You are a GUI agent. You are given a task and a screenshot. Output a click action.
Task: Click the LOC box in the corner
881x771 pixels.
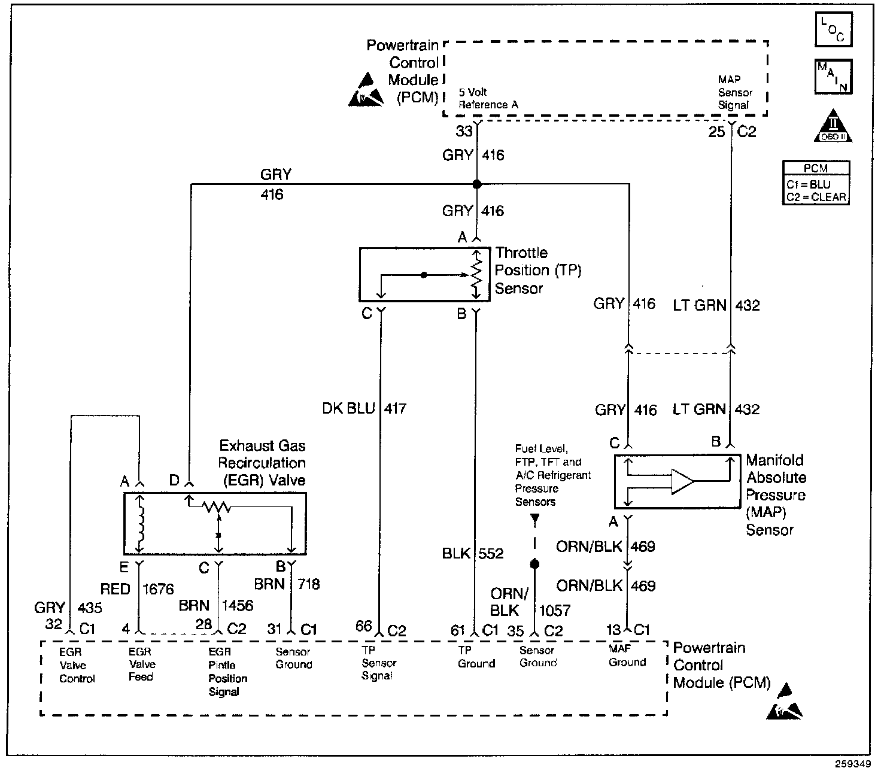(x=834, y=29)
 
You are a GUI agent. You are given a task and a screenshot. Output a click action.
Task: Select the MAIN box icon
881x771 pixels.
(x=834, y=77)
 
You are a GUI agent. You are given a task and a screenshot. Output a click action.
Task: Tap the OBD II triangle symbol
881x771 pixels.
(x=833, y=126)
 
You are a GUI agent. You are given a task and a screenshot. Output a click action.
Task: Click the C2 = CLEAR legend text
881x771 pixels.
(x=816, y=198)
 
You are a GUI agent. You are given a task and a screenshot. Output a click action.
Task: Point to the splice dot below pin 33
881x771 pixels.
(x=476, y=184)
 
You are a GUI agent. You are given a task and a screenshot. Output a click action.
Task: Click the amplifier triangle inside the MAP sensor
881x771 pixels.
(x=682, y=481)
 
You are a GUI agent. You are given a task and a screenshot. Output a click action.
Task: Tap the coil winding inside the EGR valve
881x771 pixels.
(x=141, y=523)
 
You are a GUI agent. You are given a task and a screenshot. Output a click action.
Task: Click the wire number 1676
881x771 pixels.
(x=158, y=589)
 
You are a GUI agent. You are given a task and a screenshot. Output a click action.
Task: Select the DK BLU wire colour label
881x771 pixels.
(x=348, y=408)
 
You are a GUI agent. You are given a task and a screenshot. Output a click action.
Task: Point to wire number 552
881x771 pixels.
(x=491, y=554)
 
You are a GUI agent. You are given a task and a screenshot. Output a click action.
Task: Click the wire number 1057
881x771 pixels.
(x=555, y=611)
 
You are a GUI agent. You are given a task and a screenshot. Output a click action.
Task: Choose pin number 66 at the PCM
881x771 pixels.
(x=363, y=626)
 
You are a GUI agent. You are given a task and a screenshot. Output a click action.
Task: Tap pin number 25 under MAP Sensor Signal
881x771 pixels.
(x=716, y=132)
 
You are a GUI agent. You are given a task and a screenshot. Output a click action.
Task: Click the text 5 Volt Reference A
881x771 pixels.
(x=488, y=99)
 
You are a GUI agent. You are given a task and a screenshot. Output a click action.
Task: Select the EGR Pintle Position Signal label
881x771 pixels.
(x=228, y=672)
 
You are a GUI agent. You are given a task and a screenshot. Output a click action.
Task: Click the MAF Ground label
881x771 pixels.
(x=627, y=655)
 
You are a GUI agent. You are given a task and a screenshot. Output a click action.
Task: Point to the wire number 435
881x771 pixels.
(x=90, y=608)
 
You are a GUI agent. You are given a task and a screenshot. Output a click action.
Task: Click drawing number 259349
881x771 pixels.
(x=853, y=764)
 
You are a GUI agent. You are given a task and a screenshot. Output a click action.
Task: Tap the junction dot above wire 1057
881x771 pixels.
(x=534, y=564)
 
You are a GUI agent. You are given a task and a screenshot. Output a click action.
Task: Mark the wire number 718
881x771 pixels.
(x=309, y=584)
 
